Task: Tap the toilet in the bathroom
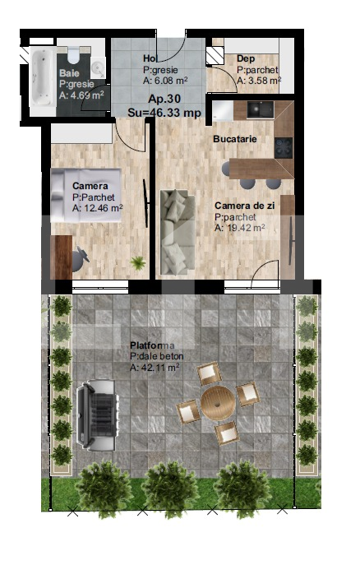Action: click(75, 55)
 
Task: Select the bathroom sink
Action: click(98, 67)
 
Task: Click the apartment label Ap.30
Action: click(164, 97)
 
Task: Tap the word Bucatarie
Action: click(235, 139)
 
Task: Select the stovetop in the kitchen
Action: click(284, 146)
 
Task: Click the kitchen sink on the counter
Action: click(260, 109)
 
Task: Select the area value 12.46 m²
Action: click(97, 209)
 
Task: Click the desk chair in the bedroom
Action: click(80, 257)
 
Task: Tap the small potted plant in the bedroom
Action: click(138, 262)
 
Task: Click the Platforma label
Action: click(153, 345)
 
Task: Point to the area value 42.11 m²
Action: click(155, 368)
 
